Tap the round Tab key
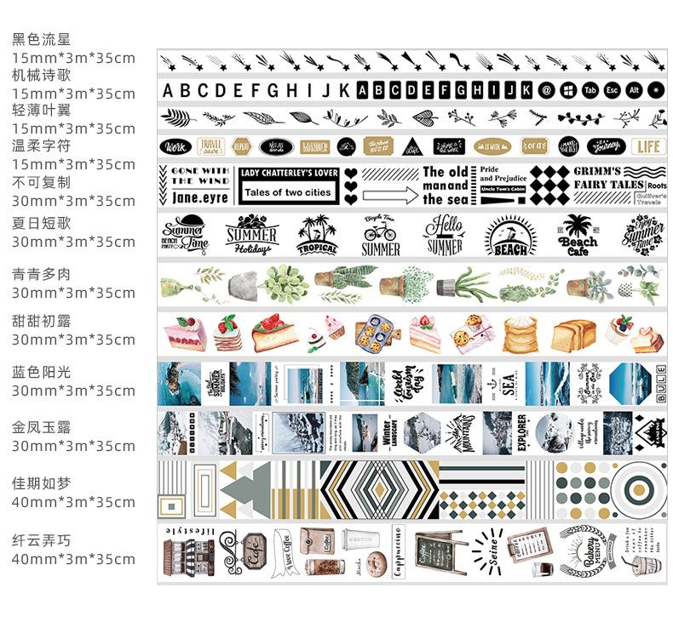pos(590,90)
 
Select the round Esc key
pos(612,90)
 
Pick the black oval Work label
pos(176,146)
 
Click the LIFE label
pos(648,146)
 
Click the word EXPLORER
pos(522,431)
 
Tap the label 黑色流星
pos(41,39)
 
